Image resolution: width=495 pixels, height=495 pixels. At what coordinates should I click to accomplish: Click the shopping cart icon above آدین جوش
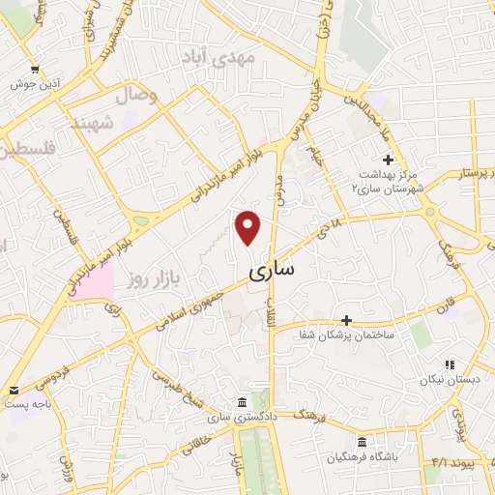36,70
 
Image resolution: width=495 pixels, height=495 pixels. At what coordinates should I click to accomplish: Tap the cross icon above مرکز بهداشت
388,159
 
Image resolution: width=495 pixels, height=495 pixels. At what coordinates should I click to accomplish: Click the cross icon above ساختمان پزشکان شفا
347,319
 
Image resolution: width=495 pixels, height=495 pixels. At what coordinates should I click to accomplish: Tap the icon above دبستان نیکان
450,364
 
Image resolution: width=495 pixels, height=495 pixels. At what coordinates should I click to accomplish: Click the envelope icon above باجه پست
15,391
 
